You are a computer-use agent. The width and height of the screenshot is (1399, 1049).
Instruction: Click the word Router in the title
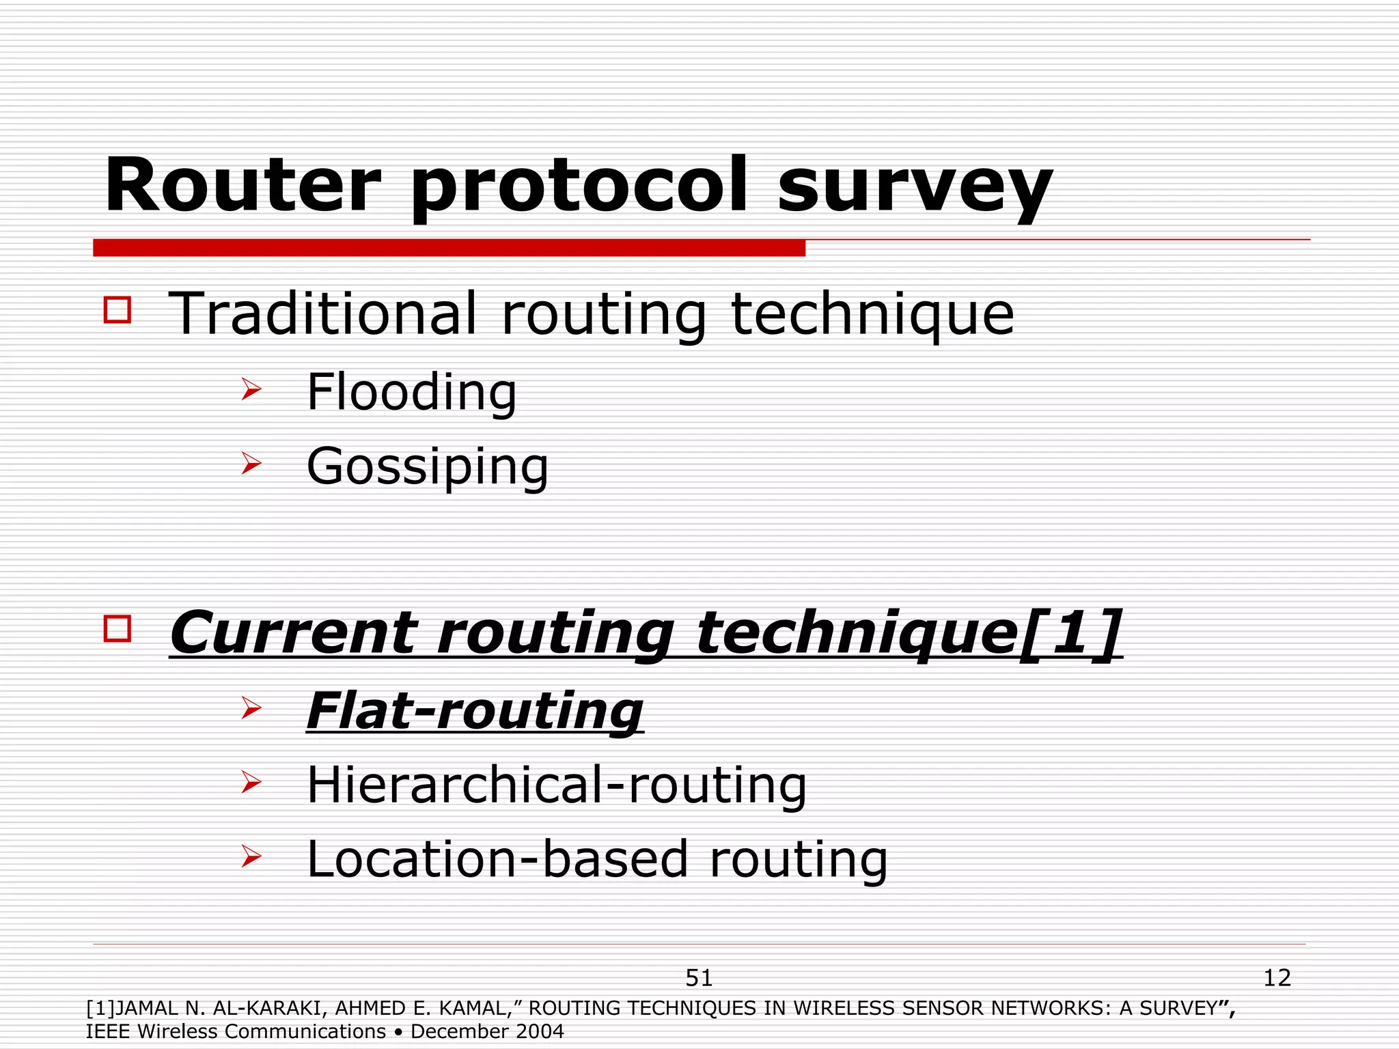pyautogui.click(x=242, y=186)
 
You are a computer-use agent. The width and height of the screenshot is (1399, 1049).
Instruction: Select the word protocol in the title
pyautogui.click(x=579, y=186)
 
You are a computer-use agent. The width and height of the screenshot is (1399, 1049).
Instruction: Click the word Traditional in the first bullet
pyautogui.click(x=322, y=313)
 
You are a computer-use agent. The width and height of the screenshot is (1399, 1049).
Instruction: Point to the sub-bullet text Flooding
pyautogui.click(x=412, y=392)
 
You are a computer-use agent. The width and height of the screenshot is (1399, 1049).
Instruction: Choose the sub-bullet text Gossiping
pyautogui.click(x=428, y=467)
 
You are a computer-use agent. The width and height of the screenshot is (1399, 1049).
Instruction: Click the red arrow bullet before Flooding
pyautogui.click(x=251, y=390)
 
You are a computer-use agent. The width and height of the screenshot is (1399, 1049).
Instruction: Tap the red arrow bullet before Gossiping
pyautogui.click(x=251, y=464)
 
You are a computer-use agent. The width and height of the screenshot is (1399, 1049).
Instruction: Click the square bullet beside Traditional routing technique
pyautogui.click(x=117, y=309)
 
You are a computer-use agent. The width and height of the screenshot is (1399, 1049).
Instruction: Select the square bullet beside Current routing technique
pyautogui.click(x=117, y=628)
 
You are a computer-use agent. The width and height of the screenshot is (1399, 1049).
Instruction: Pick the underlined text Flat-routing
pyautogui.click(x=475, y=711)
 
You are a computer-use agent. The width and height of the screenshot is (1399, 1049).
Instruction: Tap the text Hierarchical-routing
pyautogui.click(x=557, y=785)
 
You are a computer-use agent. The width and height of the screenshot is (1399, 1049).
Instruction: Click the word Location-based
pyautogui.click(x=497, y=859)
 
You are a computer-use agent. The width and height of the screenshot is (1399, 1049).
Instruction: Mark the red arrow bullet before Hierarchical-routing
pyautogui.click(x=251, y=783)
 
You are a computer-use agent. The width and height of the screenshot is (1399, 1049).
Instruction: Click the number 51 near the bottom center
pyautogui.click(x=699, y=978)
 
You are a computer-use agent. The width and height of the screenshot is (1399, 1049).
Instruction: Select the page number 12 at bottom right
pyautogui.click(x=1277, y=978)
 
